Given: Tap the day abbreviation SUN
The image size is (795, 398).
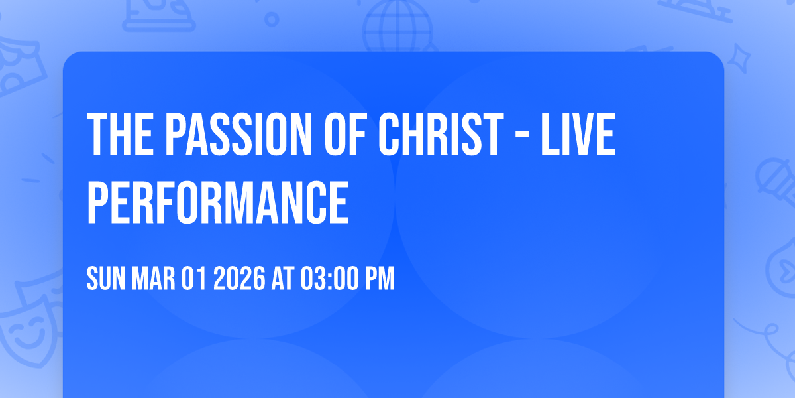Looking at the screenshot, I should click(105, 280).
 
